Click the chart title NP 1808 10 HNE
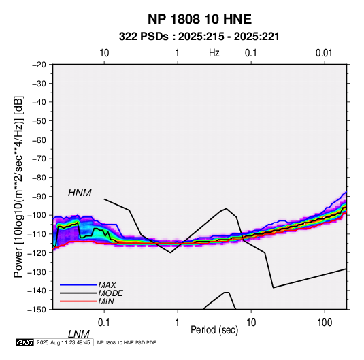click(x=199, y=19)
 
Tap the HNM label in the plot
click(x=80, y=193)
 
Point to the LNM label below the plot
click(x=79, y=334)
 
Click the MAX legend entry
click(x=107, y=284)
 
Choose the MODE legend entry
click(x=110, y=293)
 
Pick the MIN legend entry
click(x=106, y=301)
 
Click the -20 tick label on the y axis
click(x=39, y=65)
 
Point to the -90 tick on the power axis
click(x=39, y=196)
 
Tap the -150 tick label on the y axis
click(x=37, y=310)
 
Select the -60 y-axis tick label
click(x=39, y=140)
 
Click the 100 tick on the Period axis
click(x=325, y=323)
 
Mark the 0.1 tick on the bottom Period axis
click(x=104, y=323)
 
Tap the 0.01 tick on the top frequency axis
click(x=324, y=53)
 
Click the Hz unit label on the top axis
click(x=214, y=53)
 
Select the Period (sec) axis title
click(x=214, y=330)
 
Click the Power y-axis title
click(x=18, y=187)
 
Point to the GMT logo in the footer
click(x=25, y=342)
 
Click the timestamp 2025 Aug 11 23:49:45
click(x=63, y=342)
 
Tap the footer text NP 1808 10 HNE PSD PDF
click(x=127, y=342)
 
